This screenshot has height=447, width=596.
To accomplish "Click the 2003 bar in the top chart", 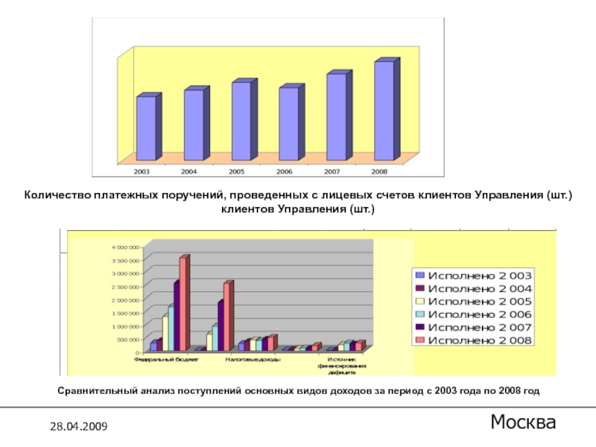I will [146, 128].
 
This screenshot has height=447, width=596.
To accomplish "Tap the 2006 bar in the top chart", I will [288, 124].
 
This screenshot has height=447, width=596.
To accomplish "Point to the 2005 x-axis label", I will [237, 171].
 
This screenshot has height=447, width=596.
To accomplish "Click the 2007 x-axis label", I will [332, 171].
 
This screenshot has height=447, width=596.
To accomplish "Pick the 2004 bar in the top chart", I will [194, 124].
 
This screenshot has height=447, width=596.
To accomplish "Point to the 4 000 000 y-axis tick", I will [126, 247].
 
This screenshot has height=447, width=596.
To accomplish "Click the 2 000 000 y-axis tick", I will [126, 299].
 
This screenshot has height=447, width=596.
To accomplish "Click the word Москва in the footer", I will [523, 423].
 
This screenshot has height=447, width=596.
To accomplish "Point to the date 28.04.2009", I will [78, 426].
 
